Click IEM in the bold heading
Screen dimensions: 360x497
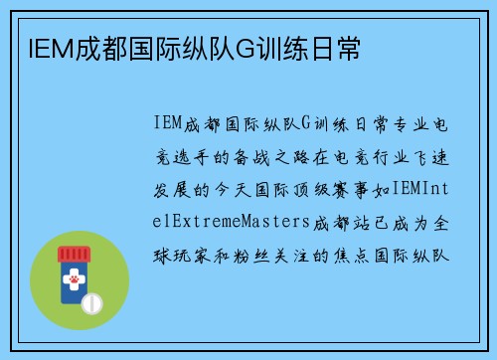pyautogui.click(x=40, y=47)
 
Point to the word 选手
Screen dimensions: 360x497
pyautogui.click(x=197, y=155)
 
